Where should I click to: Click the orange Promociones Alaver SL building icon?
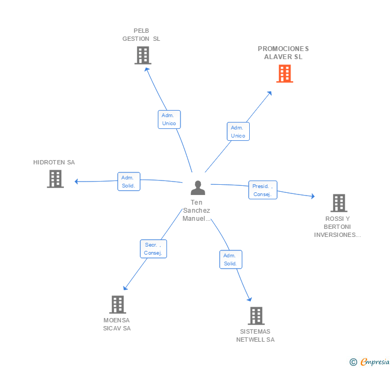tap(284, 74)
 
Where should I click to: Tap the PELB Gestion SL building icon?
tap(142, 55)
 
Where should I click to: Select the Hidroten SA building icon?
tap(55, 179)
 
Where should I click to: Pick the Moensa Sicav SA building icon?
tap(117, 305)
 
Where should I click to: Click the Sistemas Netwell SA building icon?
tap(256, 316)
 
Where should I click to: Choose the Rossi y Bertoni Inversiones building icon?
tap(338, 203)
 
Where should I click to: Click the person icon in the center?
tap(198, 187)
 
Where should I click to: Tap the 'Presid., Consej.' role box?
tap(263, 190)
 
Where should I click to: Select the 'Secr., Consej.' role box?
tap(153, 249)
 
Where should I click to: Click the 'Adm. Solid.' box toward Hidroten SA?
tap(128, 182)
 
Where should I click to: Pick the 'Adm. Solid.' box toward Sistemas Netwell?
tap(230, 259)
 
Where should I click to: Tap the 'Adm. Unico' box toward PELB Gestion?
tap(169, 119)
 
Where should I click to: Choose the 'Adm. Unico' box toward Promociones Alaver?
tap(238, 132)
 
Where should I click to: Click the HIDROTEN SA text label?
tap(54, 162)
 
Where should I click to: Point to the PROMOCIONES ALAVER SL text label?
tap(283, 53)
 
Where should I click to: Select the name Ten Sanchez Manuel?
tap(197, 211)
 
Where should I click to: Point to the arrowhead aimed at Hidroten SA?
tap(77, 182)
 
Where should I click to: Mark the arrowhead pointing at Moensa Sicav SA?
tap(125, 288)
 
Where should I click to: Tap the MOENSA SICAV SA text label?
tap(117, 324)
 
